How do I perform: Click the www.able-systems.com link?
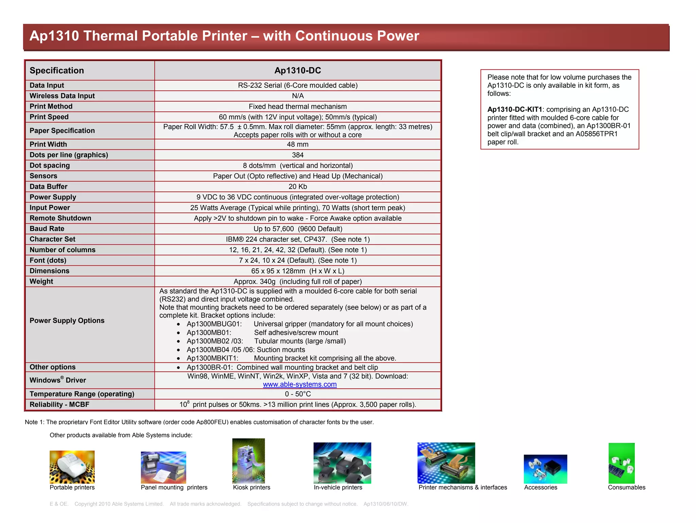point(300,384)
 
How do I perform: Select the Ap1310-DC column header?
point(297,70)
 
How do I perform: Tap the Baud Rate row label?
point(47,229)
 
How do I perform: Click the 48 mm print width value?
point(297,144)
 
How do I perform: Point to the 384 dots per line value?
point(297,155)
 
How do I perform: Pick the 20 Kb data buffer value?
point(297,187)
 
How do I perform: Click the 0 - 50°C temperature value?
point(298,394)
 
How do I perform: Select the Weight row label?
point(41,281)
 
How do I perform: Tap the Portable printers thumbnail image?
point(72,467)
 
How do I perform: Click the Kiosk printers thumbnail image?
point(248,461)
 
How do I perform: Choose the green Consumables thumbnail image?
point(621,463)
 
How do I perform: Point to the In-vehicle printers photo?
point(342,463)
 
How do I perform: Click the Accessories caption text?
point(540,487)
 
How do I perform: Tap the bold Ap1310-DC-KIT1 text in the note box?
point(515,109)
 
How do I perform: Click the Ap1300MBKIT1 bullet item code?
point(212,358)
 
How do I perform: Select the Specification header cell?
point(57,70)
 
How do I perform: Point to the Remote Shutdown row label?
point(60,218)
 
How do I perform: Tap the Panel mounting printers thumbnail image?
point(163,467)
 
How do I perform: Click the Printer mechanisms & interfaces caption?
point(463,487)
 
